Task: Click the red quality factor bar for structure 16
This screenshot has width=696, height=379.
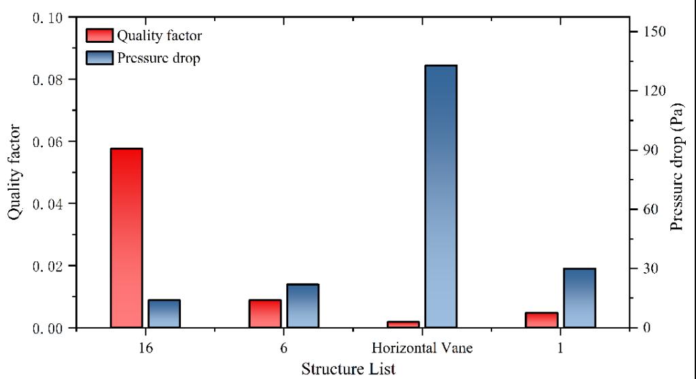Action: click(x=126, y=237)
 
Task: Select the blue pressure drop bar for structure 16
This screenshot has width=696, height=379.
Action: click(x=164, y=314)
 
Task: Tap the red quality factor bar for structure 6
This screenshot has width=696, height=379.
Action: click(x=265, y=314)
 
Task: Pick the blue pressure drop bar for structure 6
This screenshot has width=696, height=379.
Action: click(x=302, y=306)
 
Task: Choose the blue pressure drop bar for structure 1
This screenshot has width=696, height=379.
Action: click(x=579, y=298)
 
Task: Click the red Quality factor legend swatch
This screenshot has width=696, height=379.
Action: click(x=99, y=35)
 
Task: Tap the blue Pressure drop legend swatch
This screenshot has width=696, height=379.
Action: click(x=99, y=58)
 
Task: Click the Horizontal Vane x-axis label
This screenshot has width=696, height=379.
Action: click(x=421, y=348)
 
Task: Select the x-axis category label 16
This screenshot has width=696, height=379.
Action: click(x=144, y=348)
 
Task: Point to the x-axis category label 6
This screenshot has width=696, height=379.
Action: click(x=283, y=348)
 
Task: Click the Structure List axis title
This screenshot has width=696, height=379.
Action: click(x=347, y=369)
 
